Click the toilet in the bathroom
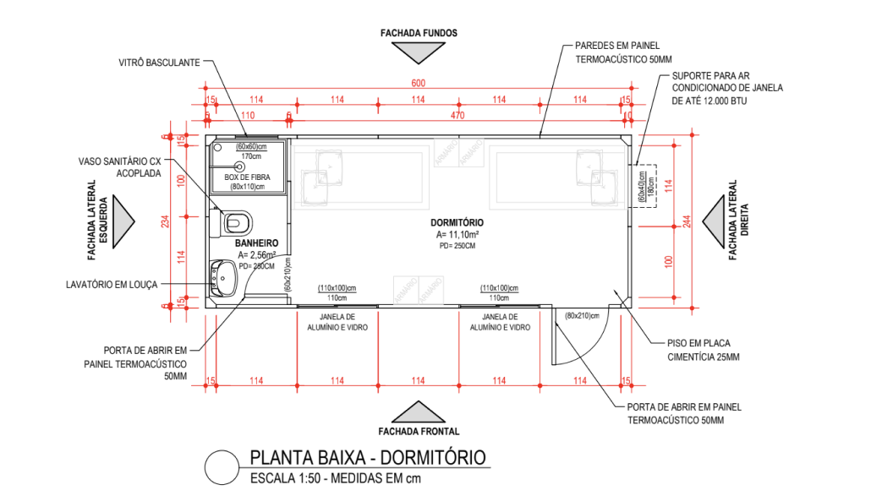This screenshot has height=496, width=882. tap(237, 221)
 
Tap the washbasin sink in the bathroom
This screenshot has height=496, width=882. tap(226, 275)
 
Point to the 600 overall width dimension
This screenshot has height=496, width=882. tap(417, 82)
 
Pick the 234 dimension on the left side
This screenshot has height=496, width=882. tap(167, 221)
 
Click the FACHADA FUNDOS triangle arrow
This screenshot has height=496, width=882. tap(418, 53)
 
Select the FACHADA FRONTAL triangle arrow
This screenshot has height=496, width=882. tap(418, 411)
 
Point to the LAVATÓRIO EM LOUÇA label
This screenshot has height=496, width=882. tap(112, 285)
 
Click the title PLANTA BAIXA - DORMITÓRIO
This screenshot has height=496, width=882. tap(368, 458)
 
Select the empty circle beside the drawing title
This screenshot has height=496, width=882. tap(222, 467)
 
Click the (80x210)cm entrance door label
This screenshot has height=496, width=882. tap(582, 316)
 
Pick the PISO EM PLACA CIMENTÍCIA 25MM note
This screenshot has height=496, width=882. tap(698, 350)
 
